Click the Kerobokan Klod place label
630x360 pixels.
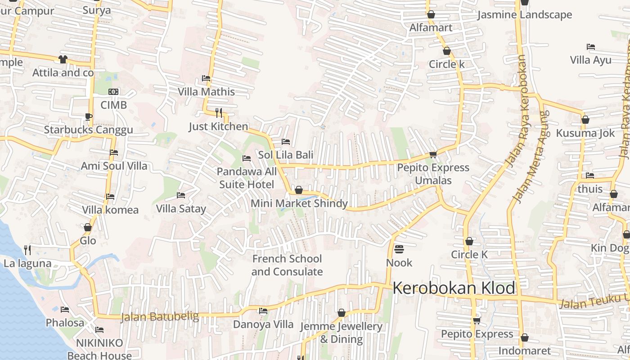pos(454,288)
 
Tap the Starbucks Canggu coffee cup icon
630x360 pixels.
pos(88,117)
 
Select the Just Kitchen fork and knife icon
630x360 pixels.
pos(219,112)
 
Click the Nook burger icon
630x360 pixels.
pos(399,249)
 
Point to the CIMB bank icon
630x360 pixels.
pos(113,92)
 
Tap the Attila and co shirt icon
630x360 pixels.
pos(63,59)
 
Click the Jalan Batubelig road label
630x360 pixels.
pos(159,317)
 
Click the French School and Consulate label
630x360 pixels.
pos(287,265)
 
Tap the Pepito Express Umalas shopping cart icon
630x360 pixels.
pos(433,155)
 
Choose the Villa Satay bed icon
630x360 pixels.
pos(181,195)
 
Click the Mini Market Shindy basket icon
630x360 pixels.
pos(298,190)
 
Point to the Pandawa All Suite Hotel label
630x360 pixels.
pos(247,178)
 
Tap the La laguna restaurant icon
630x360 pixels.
pos(27,250)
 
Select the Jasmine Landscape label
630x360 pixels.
pos(524,15)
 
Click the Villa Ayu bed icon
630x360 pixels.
pos(591,47)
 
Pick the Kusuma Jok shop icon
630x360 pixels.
pos(585,120)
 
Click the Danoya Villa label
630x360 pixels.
pos(263,324)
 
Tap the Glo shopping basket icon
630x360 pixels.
pos(88,228)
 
